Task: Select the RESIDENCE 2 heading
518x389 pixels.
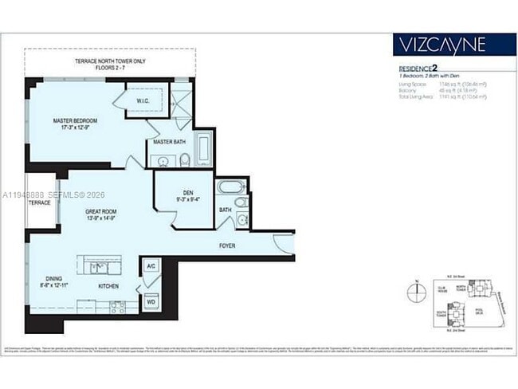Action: pyautogui.click(x=418, y=69)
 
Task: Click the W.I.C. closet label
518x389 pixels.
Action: pyautogui.click(x=143, y=100)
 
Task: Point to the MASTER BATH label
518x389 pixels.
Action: pyautogui.click(x=170, y=142)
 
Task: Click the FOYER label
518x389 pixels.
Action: pyautogui.click(x=227, y=246)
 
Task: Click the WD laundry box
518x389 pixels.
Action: pyautogui.click(x=151, y=302)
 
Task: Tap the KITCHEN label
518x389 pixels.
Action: pyautogui.click(x=109, y=285)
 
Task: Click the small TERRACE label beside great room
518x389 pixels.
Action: pyautogui.click(x=40, y=202)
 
